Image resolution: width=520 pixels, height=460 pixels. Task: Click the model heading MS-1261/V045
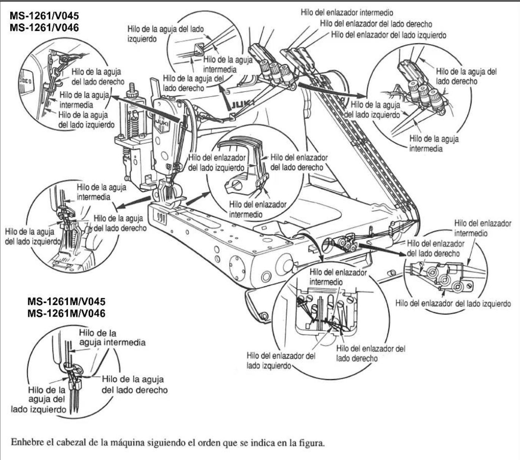(x=44, y=16)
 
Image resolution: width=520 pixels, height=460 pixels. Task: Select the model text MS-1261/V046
(x=44, y=27)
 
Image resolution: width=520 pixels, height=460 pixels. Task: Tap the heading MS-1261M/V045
(x=66, y=301)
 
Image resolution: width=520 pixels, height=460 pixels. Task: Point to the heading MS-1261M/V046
(x=66, y=313)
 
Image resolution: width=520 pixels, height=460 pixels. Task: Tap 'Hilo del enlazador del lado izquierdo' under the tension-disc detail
(x=453, y=303)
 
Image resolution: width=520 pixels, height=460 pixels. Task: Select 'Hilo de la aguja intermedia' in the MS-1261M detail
(x=112, y=337)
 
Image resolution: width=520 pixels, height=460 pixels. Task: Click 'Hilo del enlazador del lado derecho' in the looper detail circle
(x=299, y=162)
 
